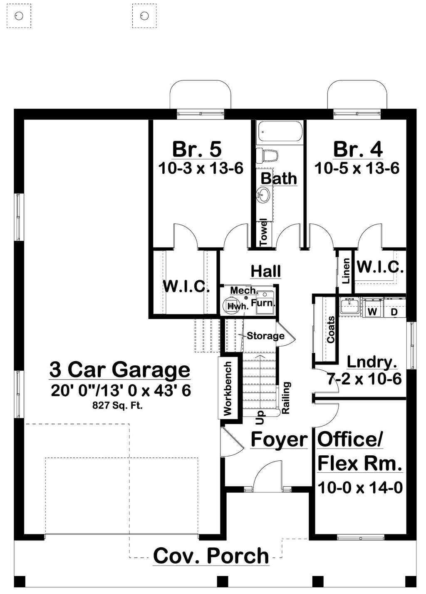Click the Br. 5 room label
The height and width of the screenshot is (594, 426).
[x=197, y=149]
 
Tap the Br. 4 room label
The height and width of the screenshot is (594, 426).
[x=358, y=149]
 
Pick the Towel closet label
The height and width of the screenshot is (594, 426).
[x=263, y=232]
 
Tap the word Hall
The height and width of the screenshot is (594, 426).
[x=266, y=271]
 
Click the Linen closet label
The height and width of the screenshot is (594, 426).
[x=346, y=271]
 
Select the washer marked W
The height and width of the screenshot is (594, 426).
[x=373, y=311]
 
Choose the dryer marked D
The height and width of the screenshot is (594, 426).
[x=394, y=311]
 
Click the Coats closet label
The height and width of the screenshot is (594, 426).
[x=331, y=330]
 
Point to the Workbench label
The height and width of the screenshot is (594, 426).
[x=228, y=388]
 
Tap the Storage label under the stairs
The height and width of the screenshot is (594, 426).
[x=265, y=336]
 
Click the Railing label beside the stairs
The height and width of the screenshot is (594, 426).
[x=286, y=398]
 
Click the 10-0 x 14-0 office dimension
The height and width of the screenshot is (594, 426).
[x=360, y=487]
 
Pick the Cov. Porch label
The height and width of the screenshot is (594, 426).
[x=211, y=556]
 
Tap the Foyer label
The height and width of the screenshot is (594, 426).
[x=279, y=439]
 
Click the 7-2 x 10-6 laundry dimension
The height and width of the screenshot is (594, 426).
[x=364, y=379]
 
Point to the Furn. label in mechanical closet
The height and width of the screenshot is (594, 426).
[x=263, y=303]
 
